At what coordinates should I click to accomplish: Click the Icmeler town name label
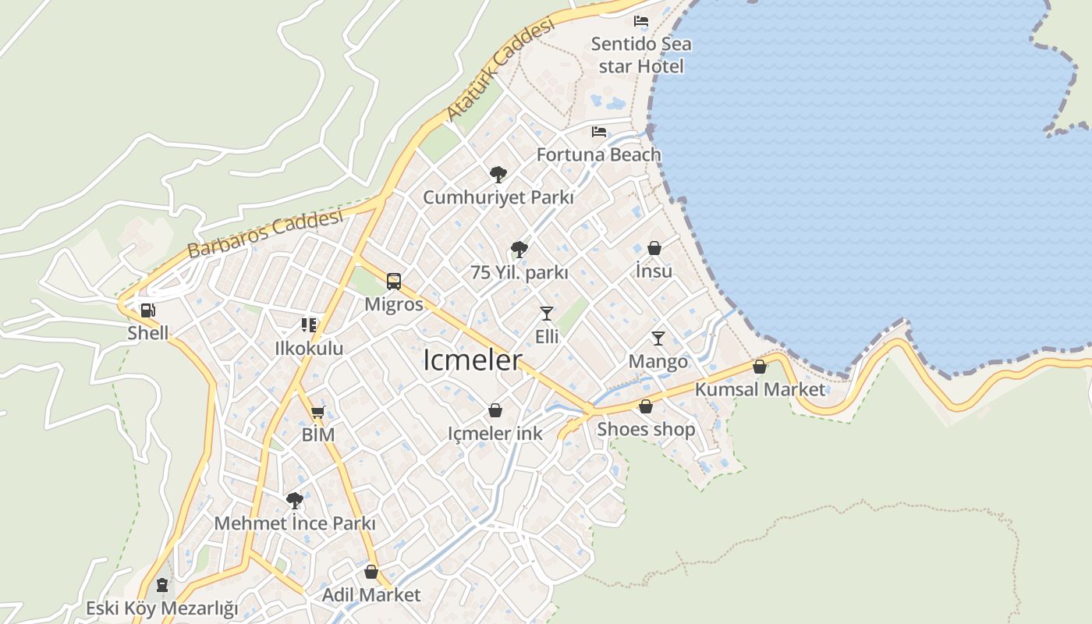[472, 360]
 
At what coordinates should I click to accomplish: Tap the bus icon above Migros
[394, 282]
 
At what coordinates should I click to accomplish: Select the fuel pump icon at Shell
[147, 310]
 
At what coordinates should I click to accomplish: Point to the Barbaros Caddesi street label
[265, 233]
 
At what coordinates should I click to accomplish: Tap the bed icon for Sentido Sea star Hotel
[641, 21]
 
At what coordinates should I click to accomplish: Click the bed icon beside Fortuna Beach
[599, 132]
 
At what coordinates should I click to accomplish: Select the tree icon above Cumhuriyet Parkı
[498, 174]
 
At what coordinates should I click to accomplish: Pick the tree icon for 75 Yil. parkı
[519, 250]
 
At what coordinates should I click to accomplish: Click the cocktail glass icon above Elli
[546, 314]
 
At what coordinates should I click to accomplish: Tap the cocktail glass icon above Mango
[658, 339]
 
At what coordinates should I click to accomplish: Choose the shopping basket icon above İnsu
[654, 249]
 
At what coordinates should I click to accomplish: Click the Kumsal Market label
[759, 388]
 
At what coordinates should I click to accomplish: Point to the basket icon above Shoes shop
[646, 406]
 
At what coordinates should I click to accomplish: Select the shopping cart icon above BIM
[317, 413]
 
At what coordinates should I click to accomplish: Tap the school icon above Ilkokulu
[309, 325]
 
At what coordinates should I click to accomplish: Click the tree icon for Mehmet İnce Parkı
[294, 500]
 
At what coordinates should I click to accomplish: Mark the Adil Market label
[371, 594]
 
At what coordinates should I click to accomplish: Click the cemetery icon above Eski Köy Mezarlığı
[161, 584]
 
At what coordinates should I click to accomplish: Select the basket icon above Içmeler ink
[495, 410]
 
